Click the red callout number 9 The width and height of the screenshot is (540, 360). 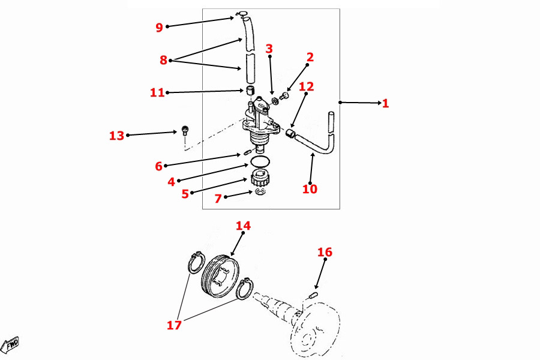coord(159,27)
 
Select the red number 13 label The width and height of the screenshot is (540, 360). coord(116,136)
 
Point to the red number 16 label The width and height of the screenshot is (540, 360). coord(325,252)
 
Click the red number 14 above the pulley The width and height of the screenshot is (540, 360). coord(243,226)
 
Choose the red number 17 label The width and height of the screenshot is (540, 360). coord(174,326)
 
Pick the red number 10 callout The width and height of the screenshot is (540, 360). coord(310,189)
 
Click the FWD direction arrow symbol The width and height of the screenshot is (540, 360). coord(11,345)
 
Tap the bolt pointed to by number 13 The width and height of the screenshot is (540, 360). coord(185,130)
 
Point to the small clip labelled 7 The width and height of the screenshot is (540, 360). coord(259,191)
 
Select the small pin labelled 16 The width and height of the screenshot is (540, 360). coord(313,295)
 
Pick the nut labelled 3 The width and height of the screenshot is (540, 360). coord(274,99)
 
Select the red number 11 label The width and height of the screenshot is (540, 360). coord(157,92)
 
